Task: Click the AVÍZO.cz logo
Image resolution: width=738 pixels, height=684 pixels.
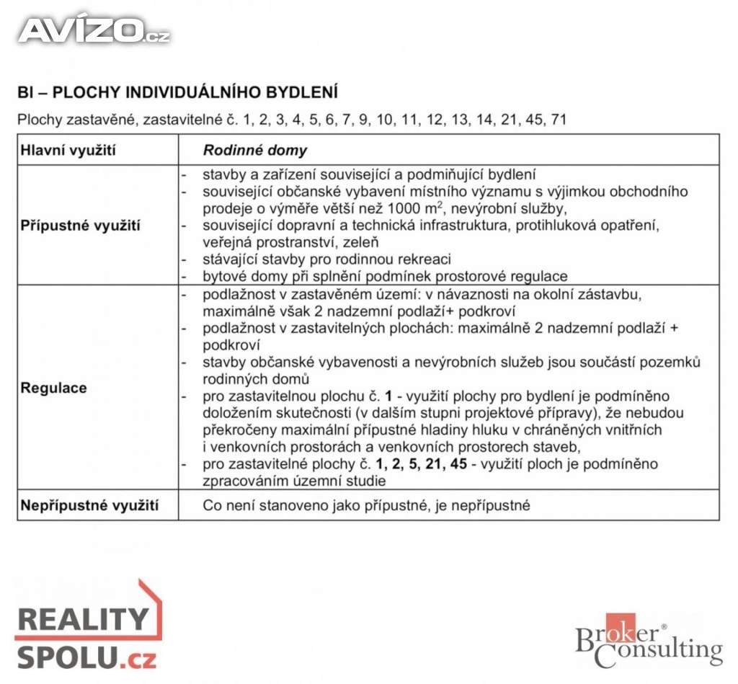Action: tap(94, 30)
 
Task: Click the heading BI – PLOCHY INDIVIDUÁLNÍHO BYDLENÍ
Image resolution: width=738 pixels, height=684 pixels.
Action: tap(177, 93)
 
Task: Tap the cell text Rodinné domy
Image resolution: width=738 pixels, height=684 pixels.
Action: tap(254, 151)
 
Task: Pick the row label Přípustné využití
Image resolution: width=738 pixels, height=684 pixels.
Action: tap(81, 226)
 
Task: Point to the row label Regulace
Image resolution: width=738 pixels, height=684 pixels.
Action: tap(53, 388)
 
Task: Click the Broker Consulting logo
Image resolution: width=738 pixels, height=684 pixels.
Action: tap(648, 639)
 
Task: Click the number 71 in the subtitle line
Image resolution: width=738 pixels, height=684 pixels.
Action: tap(558, 120)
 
